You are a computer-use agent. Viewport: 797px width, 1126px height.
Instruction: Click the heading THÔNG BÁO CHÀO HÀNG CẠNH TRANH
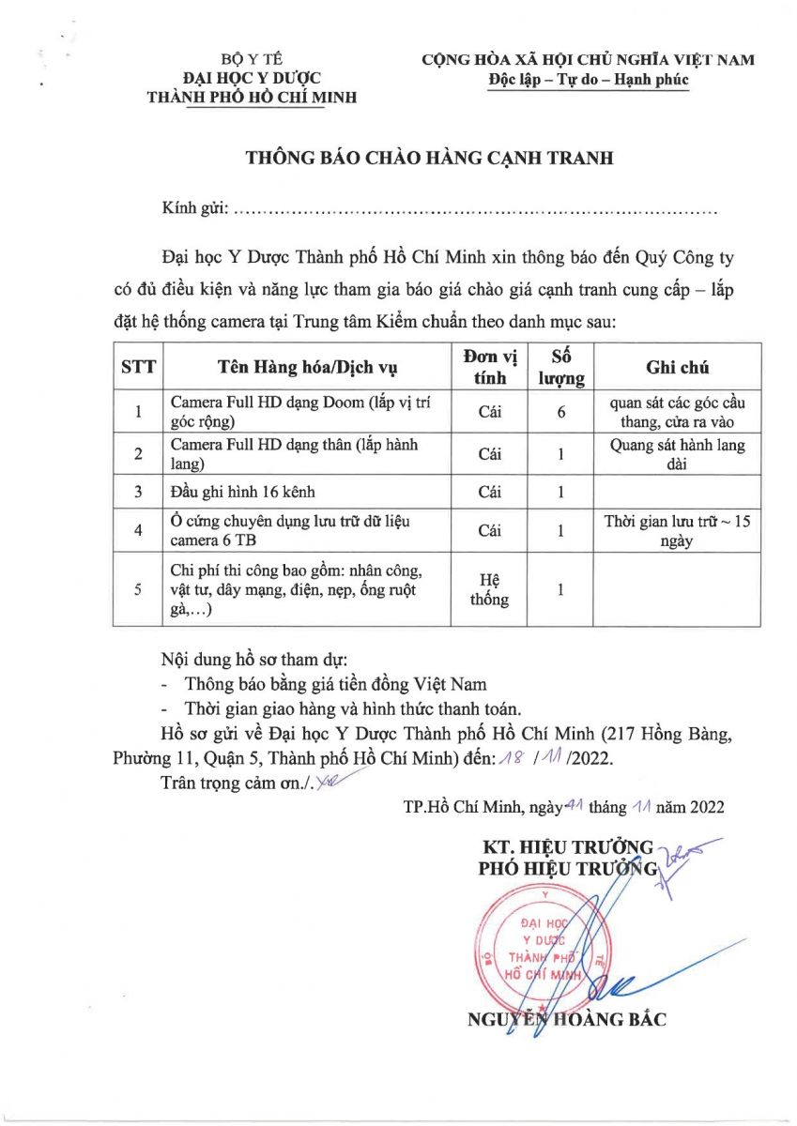(429, 158)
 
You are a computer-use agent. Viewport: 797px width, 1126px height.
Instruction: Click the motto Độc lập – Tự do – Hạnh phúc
(589, 80)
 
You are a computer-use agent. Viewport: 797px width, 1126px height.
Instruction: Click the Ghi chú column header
(677, 367)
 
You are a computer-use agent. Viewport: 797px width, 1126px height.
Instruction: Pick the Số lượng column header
(560, 367)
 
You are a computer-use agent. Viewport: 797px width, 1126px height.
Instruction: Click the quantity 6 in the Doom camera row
(560, 412)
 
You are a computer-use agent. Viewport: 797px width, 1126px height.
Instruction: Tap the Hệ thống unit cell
(489, 590)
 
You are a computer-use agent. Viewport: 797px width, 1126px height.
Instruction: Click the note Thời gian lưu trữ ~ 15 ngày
(677, 531)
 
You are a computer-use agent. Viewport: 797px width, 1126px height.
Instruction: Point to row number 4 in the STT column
(138, 531)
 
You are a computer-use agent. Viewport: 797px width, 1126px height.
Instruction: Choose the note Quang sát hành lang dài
(677, 454)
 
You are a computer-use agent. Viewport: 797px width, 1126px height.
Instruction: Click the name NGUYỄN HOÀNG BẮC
(567, 1021)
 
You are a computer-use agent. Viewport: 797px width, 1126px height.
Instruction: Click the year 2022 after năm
(703, 805)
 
